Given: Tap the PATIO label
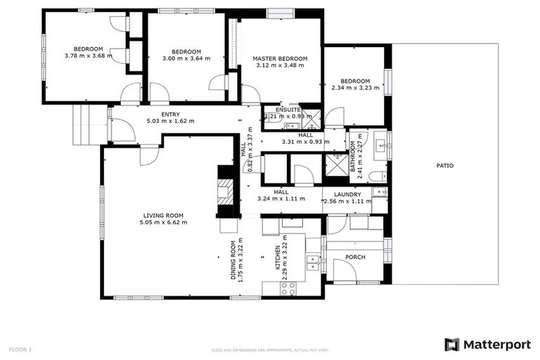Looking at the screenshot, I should (444, 166).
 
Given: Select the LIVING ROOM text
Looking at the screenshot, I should (163, 215).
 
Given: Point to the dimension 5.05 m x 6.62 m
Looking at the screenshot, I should (163, 222).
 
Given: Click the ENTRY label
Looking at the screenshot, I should (170, 114).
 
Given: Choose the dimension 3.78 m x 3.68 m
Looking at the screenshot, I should (88, 56).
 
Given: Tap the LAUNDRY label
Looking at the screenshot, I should (347, 195).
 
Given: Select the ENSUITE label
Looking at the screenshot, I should (288, 110).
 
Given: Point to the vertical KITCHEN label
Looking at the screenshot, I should (278, 258).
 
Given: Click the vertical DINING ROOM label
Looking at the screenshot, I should (233, 261).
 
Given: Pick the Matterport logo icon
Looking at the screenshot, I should (451, 345).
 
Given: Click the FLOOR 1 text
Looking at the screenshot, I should (20, 349).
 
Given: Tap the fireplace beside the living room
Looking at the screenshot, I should (226, 191).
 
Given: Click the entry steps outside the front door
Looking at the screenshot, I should (89, 124).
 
